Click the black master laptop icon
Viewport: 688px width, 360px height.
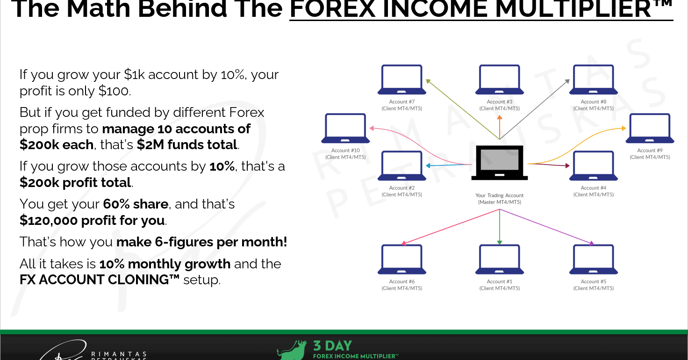[500, 163]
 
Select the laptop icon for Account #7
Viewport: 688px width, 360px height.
[402, 79]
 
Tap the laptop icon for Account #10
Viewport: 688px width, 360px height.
[345, 128]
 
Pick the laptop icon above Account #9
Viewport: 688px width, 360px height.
[650, 128]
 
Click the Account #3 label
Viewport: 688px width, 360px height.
[500, 105]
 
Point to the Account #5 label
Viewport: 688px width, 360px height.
[594, 285]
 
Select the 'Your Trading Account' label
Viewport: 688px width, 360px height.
[500, 195]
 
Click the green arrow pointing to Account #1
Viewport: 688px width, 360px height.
[500, 227]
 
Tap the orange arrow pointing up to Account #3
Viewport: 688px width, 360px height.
[500, 127]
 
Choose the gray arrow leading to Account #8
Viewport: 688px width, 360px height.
[535, 109]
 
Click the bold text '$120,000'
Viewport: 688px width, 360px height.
[49, 221]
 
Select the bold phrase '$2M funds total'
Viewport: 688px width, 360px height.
[187, 144]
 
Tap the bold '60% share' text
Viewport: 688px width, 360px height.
[136, 204]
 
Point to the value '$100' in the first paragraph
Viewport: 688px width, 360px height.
[113, 91]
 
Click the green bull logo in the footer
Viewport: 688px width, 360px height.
[292, 350]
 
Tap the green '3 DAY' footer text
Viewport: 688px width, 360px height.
[332, 346]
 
